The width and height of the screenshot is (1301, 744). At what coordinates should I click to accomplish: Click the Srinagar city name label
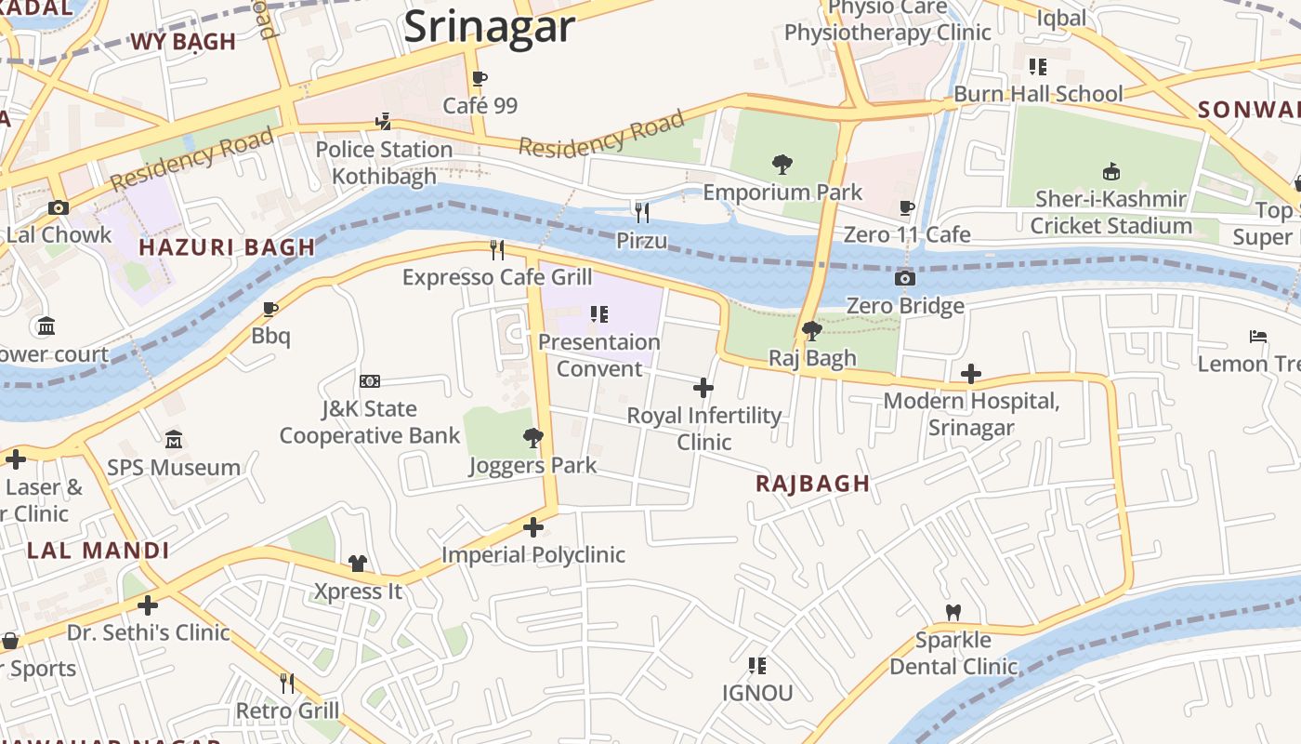tap(490, 26)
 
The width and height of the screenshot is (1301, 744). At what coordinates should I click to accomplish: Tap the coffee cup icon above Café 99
tap(480, 79)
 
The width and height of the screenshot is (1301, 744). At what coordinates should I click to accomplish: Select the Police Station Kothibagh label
tap(384, 163)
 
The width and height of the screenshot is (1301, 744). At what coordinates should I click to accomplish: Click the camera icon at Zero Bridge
tap(904, 278)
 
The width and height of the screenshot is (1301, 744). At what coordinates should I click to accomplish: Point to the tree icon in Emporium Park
tap(782, 166)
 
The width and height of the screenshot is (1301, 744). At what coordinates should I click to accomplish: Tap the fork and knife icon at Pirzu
tap(641, 213)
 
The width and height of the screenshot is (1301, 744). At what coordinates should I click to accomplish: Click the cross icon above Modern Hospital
tap(971, 374)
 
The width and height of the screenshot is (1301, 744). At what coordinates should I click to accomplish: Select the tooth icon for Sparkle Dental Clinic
tap(953, 613)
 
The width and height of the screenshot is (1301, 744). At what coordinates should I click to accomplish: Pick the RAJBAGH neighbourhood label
tap(813, 484)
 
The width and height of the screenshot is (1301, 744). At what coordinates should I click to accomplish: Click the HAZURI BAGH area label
tap(228, 247)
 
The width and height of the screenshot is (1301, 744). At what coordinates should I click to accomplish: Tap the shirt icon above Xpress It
tap(358, 563)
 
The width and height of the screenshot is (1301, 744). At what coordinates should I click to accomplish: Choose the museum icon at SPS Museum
tap(174, 439)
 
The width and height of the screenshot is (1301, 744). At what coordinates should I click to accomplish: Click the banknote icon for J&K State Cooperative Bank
tap(370, 381)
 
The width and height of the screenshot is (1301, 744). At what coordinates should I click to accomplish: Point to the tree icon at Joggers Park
tap(532, 437)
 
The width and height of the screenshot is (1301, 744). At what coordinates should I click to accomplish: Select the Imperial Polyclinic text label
tap(533, 555)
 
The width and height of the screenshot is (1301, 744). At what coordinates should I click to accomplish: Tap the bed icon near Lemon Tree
tap(1258, 337)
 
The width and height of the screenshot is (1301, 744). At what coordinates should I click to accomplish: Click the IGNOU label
tap(757, 693)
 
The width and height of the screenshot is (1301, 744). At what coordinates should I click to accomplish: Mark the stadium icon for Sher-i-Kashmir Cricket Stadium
tap(1110, 171)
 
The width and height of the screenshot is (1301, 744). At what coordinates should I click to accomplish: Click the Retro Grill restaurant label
tap(287, 711)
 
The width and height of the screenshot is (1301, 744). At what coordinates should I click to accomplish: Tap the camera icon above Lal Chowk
tap(59, 207)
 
